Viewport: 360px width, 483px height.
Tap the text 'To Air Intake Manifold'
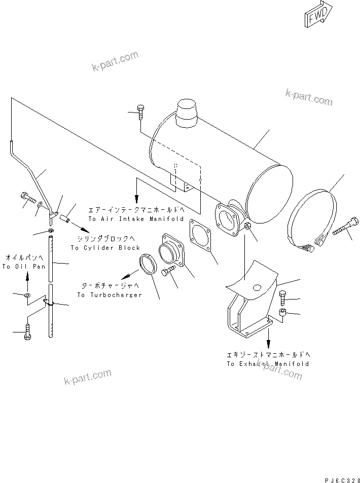click(136, 219)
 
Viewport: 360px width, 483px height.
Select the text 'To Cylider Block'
click(105, 248)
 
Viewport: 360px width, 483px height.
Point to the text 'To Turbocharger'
click(109, 294)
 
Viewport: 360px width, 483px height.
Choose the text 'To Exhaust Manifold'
click(267, 364)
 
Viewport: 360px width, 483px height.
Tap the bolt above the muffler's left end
click(140, 113)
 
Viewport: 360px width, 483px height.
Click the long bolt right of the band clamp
click(346, 227)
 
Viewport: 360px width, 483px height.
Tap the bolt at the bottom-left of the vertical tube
click(28, 333)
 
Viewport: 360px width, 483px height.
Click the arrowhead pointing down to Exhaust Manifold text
click(268, 343)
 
